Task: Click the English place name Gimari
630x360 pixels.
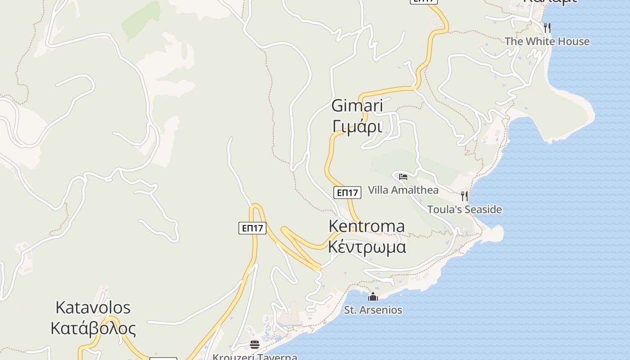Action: click(357, 106)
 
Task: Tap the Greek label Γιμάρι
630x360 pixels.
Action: click(357, 127)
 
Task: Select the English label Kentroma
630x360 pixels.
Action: click(366, 226)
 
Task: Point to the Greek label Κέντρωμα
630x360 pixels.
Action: click(367, 247)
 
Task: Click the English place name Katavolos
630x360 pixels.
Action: click(93, 308)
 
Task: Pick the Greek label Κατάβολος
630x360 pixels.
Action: click(93, 328)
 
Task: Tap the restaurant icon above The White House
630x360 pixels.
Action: click(547, 27)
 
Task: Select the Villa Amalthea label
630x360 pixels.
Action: click(403, 190)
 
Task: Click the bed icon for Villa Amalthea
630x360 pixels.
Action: click(403, 176)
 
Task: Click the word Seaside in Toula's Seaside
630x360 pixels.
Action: click(483, 210)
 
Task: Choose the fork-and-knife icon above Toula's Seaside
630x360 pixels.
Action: click(464, 196)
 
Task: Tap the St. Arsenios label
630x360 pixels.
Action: click(373, 310)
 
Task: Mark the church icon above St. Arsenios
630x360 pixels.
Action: click(373, 297)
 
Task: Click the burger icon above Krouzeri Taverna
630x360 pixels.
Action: click(255, 345)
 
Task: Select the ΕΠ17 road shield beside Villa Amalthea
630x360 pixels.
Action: click(347, 193)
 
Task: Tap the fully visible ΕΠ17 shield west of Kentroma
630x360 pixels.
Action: click(252, 228)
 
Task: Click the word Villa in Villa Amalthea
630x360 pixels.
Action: click(377, 190)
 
